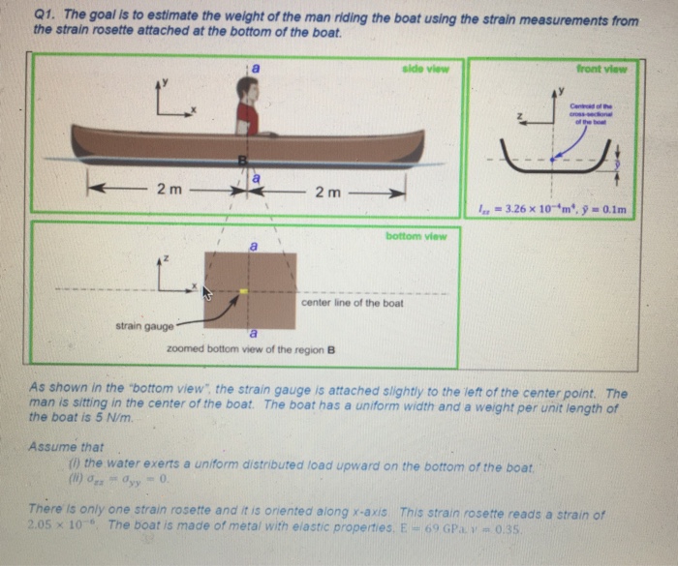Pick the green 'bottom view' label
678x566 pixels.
click(415, 235)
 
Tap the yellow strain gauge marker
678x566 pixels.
click(245, 290)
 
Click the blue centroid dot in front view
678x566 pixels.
click(553, 159)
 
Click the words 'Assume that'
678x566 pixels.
click(60, 448)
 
